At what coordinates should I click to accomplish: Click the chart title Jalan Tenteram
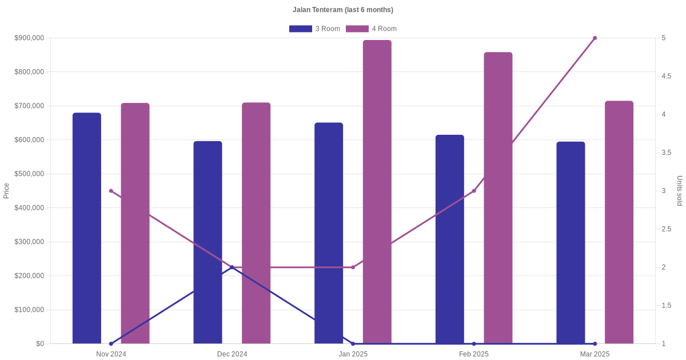342,10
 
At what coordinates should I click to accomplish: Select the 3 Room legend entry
314,29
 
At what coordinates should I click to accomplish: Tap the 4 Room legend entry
371,29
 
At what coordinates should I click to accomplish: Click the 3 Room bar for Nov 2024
87,229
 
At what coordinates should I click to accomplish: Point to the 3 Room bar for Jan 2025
329,229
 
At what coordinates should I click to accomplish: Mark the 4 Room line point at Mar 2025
595,38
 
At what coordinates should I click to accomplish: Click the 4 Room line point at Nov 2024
111,191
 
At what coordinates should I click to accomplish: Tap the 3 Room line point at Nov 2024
111,343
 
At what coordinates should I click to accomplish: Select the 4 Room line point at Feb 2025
474,191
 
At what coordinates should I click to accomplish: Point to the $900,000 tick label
29,38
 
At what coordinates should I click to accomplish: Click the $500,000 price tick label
29,174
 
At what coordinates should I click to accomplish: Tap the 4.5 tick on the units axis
666,77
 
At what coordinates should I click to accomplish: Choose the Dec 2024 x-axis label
232,354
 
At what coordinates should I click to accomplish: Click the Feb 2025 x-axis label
474,354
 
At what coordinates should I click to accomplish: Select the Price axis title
6,191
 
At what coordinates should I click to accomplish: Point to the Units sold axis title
680,191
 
